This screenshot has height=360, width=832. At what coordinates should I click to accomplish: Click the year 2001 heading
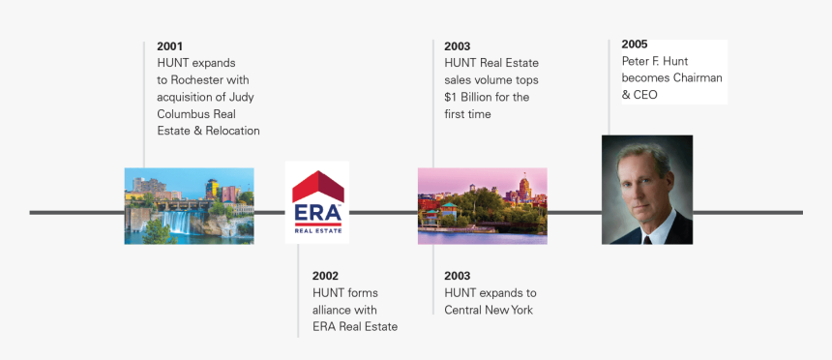point(170,46)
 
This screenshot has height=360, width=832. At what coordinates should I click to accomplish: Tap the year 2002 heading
point(325,276)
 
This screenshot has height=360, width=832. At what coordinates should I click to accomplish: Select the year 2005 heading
point(635,45)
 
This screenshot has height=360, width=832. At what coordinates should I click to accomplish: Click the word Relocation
point(233,131)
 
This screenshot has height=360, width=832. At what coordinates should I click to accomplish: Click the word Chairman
point(698,78)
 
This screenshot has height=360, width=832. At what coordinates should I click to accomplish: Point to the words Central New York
point(489,310)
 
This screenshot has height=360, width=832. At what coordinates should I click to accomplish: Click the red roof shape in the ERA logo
point(318,186)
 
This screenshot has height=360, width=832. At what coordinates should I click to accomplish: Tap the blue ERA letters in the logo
point(317,214)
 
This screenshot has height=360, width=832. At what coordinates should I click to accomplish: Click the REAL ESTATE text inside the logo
point(317,231)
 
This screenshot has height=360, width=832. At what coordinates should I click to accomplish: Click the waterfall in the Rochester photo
point(178,222)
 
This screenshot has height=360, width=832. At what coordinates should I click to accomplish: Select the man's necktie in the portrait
point(647,239)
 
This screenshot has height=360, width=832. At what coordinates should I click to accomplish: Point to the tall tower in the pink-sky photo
point(524,188)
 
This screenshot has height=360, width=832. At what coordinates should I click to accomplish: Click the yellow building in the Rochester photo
point(212,188)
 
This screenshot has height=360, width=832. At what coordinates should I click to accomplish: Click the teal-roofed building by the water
point(448,210)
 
